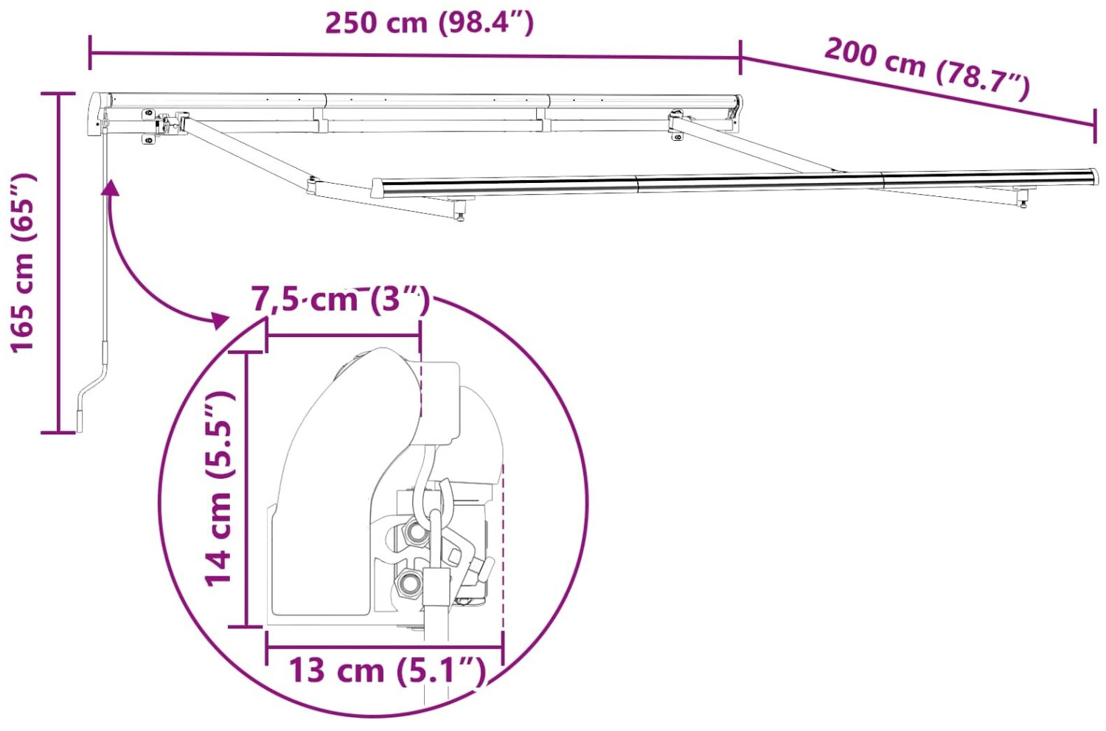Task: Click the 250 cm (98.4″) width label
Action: [x=430, y=23]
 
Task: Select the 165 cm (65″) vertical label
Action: [x=23, y=263]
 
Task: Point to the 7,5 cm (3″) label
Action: [x=341, y=299]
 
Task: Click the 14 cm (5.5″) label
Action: [x=218, y=489]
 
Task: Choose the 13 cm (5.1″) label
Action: [x=387, y=671]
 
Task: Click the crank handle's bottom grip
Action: [x=80, y=420]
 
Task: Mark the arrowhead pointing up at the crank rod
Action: [x=111, y=187]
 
